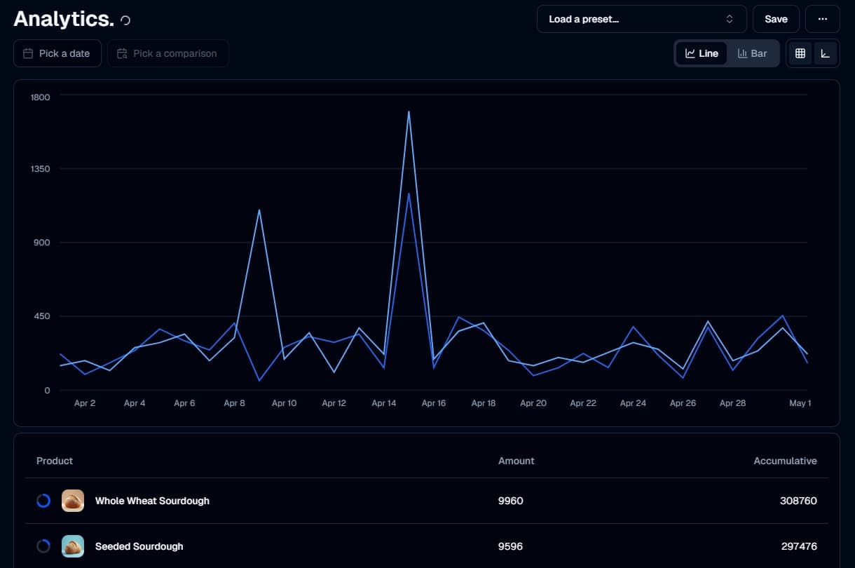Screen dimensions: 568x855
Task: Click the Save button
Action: pyautogui.click(x=776, y=19)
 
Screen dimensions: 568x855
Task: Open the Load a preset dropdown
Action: pyautogui.click(x=641, y=19)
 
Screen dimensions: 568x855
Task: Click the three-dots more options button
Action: pyautogui.click(x=823, y=19)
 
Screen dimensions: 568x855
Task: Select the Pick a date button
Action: pyautogui.click(x=57, y=53)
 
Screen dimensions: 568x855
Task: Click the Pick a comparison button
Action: pyautogui.click(x=167, y=53)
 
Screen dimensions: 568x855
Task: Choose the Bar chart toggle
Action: pyautogui.click(x=753, y=53)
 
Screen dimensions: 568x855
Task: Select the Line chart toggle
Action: pyautogui.click(x=702, y=53)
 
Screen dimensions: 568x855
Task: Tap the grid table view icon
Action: pyautogui.click(x=800, y=53)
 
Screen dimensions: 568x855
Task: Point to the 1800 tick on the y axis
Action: pyautogui.click(x=40, y=97)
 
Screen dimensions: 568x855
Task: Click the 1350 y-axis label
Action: pyautogui.click(x=40, y=169)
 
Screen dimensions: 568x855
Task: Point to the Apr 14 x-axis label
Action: pyautogui.click(x=384, y=403)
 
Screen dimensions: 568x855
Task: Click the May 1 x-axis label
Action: pyautogui.click(x=800, y=403)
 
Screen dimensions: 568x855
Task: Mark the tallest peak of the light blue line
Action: pyautogui.click(x=409, y=111)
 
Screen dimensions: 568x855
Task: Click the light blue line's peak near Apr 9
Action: pyautogui.click(x=259, y=210)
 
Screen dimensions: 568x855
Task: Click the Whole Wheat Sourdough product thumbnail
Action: pyautogui.click(x=73, y=501)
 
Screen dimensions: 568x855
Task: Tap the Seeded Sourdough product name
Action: pyautogui.click(x=139, y=546)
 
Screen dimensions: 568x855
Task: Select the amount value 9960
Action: pyautogui.click(x=510, y=501)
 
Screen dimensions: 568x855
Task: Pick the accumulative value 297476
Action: pyautogui.click(x=799, y=546)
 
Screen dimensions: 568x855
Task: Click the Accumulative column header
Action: pyautogui.click(x=785, y=461)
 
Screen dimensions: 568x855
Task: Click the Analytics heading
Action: pyautogui.click(x=63, y=19)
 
